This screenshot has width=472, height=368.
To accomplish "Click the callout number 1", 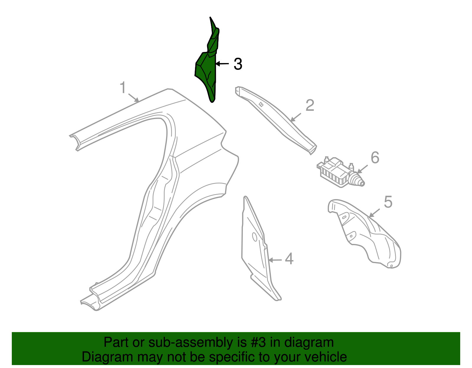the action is (123, 88).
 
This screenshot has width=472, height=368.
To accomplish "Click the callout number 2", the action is (310, 105).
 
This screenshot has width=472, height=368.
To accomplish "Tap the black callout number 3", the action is (238, 64).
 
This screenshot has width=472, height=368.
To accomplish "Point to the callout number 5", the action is (388, 202).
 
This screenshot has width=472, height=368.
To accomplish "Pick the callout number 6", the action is (375, 158).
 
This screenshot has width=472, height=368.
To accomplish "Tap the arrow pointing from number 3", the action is (222, 64).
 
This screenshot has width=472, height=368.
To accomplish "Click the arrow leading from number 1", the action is (134, 98).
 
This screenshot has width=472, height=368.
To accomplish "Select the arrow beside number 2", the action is (296, 117).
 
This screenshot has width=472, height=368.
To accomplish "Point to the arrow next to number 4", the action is (275, 260).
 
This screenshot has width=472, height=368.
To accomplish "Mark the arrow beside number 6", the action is (362, 169).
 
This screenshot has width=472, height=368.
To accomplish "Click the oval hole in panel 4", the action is (255, 237).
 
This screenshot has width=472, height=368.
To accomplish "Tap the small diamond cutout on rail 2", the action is (261, 105).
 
